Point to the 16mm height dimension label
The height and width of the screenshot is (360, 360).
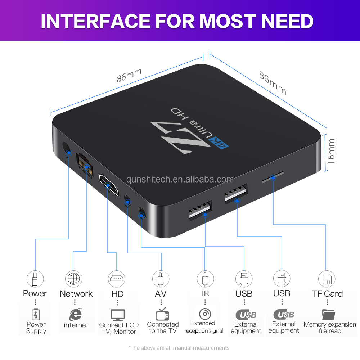pyautogui.click(x=331, y=151)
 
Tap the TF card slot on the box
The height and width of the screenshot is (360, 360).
pyautogui.click(x=273, y=177)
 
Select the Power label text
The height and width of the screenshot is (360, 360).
pyautogui.click(x=35, y=293)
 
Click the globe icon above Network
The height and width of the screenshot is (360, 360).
pyautogui.click(x=73, y=279)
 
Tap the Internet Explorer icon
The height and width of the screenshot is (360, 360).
pyautogui.click(x=75, y=314)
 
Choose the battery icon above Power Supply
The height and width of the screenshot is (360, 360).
pyautogui.click(x=35, y=314)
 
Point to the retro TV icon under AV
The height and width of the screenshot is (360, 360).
pyautogui.click(x=162, y=314)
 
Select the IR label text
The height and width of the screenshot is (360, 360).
pyautogui.click(x=205, y=293)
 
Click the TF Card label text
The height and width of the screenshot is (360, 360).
pyautogui.click(x=328, y=293)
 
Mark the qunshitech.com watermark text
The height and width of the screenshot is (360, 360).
pyautogui.click(x=180, y=179)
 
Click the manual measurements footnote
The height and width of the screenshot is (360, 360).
pyautogui.click(x=179, y=348)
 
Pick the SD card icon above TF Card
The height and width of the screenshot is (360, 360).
pyautogui.click(x=327, y=279)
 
